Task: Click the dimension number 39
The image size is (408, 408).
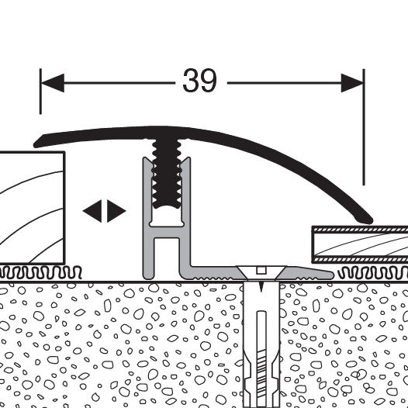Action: (199, 81)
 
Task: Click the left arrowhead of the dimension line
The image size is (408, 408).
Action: (53, 83)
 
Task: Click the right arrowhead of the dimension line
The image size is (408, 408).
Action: (352, 83)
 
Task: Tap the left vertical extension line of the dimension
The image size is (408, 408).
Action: (40, 92)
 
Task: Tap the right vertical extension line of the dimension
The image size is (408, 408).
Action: (364, 127)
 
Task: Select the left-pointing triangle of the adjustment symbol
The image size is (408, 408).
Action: (92, 211)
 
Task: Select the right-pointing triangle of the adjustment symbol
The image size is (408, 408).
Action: (116, 211)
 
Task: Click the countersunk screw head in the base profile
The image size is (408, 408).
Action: (261, 272)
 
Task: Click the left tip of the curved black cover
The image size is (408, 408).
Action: (36, 143)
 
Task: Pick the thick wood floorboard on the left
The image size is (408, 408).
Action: (32, 208)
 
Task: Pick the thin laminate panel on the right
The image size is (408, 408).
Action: (360, 244)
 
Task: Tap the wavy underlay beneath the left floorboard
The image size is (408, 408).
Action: (40, 272)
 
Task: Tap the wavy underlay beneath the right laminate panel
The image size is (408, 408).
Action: (372, 273)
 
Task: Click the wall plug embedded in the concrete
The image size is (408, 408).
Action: (261, 344)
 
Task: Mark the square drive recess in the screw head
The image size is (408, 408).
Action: (261, 271)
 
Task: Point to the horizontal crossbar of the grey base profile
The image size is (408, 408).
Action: (167, 232)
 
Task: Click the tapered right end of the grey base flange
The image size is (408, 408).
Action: (329, 275)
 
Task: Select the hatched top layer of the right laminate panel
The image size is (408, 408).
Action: (361, 230)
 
